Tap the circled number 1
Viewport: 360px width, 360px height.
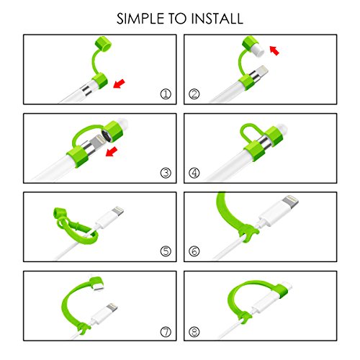(x=166, y=94)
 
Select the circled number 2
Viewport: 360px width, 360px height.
(x=194, y=94)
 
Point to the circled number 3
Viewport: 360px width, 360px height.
(x=166, y=173)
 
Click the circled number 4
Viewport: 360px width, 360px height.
(x=194, y=173)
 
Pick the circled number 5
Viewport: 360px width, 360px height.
(x=166, y=251)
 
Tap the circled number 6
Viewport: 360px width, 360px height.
(x=194, y=251)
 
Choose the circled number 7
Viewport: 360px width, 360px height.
(x=166, y=332)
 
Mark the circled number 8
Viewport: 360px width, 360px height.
(x=194, y=332)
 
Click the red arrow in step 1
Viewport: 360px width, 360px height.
(x=119, y=84)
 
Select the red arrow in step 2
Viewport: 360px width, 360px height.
(x=274, y=50)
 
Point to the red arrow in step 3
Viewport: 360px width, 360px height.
(x=112, y=152)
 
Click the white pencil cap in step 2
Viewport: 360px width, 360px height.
(x=256, y=50)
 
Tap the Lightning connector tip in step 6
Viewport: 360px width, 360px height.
(x=290, y=201)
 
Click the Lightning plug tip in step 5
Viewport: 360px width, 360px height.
(x=117, y=211)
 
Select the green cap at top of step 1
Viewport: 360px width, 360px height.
(x=103, y=44)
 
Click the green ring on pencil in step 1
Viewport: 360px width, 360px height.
(x=100, y=81)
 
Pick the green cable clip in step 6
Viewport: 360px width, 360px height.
(x=248, y=233)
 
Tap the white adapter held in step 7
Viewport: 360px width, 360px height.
(x=98, y=286)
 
